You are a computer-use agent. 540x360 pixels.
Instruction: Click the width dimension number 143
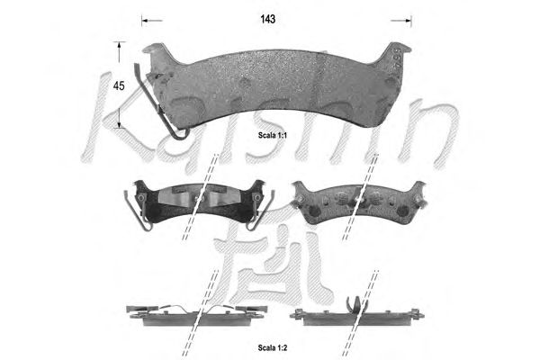point(267,19)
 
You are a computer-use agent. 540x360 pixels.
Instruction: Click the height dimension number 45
point(119,85)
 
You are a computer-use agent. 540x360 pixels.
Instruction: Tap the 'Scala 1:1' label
point(273,135)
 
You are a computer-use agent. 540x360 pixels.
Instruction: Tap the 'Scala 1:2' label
point(273,348)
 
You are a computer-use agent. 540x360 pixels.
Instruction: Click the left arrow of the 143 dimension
point(152,21)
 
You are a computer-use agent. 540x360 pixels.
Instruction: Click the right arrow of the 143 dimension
point(401,21)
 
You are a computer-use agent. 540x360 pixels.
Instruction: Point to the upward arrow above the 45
point(119,51)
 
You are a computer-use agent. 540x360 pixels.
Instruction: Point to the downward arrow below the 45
point(119,118)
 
